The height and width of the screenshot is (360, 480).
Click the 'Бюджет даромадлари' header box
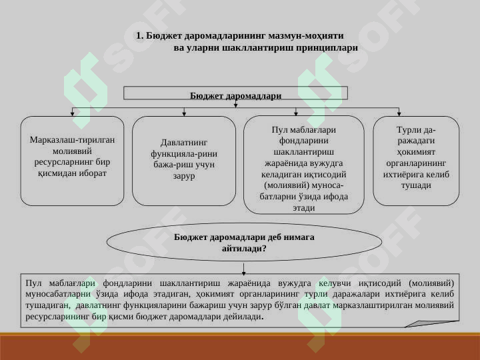tap(235, 93)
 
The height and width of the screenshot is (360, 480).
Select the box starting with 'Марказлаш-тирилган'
tap(72, 161)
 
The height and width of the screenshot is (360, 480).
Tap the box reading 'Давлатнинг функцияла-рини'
tap(184, 161)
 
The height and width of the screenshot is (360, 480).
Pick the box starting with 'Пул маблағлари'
tap(304, 165)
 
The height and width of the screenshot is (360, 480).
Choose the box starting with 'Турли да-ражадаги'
tap(416, 161)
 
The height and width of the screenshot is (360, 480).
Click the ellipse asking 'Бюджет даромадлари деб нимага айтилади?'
tap(244, 242)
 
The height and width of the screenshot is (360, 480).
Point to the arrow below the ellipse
tap(244, 268)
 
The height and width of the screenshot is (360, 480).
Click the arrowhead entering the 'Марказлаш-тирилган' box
tap(72, 113)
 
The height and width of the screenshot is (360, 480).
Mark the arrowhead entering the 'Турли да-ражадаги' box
tap(399, 113)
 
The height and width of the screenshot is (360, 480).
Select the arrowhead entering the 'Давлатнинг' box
tap(184, 113)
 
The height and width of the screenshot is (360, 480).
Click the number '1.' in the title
tap(140, 35)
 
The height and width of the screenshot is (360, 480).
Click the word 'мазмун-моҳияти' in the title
tap(306, 36)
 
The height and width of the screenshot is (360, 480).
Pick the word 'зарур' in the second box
tap(184, 176)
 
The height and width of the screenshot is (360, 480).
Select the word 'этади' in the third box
tap(304, 208)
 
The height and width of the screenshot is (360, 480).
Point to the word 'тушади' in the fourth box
tap(416, 185)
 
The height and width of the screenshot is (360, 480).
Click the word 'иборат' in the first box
tap(93, 173)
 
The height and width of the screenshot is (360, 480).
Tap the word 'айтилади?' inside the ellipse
tap(244, 248)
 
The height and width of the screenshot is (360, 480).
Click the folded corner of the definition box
tap(432, 324)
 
